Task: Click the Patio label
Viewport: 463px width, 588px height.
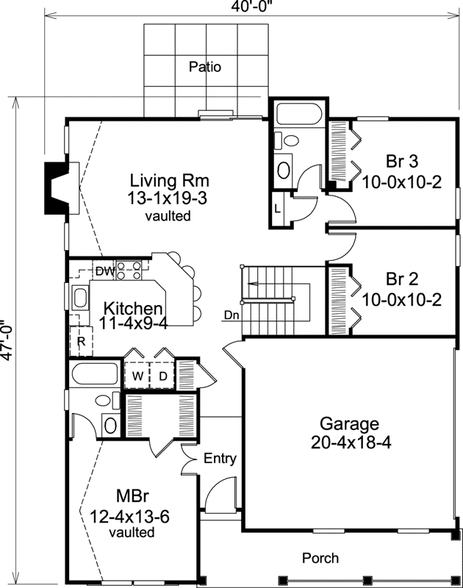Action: click(x=204, y=67)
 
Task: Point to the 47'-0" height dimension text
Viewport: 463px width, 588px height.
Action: click(x=7, y=339)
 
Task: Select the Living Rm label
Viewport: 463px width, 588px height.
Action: click(x=170, y=180)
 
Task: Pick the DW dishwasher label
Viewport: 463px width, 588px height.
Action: click(x=104, y=273)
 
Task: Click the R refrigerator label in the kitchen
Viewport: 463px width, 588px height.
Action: click(x=81, y=341)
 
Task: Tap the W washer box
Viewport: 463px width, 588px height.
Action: click(x=137, y=376)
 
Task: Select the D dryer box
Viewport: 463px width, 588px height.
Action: click(x=163, y=376)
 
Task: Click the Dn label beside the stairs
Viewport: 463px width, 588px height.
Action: click(x=232, y=315)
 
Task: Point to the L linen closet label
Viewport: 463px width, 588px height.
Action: click(x=277, y=208)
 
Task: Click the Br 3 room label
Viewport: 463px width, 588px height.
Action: click(x=402, y=162)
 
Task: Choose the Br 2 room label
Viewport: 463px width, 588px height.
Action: click(x=402, y=279)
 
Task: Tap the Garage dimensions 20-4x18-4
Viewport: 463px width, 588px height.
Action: click(x=349, y=442)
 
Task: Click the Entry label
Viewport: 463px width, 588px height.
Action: click(x=220, y=459)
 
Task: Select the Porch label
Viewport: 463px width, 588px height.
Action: click(x=320, y=559)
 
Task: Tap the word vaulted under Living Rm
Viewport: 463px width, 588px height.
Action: click(x=169, y=216)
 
